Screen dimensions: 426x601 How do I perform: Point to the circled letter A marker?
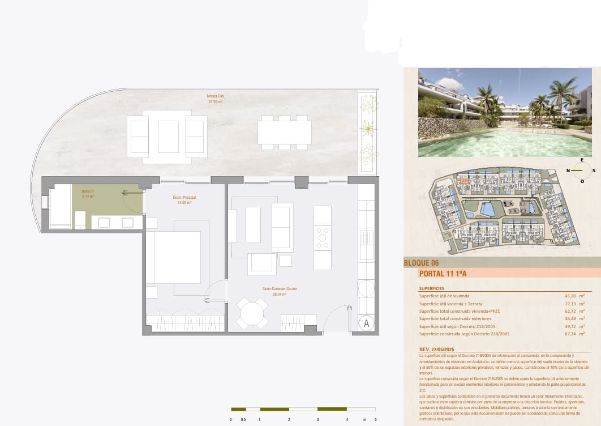(x=366, y=323)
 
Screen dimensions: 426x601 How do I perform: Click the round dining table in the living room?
(x=252, y=313)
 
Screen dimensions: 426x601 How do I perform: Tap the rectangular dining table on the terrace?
(x=284, y=133)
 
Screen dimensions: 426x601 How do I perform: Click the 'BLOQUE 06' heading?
(x=421, y=263)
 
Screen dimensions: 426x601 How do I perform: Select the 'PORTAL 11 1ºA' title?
(x=443, y=274)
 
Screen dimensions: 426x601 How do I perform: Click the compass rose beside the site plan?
(x=579, y=170)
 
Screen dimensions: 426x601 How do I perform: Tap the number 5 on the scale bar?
(x=375, y=420)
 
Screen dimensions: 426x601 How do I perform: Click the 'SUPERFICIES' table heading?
(x=431, y=288)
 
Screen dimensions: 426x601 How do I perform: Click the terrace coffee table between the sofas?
(x=168, y=137)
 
